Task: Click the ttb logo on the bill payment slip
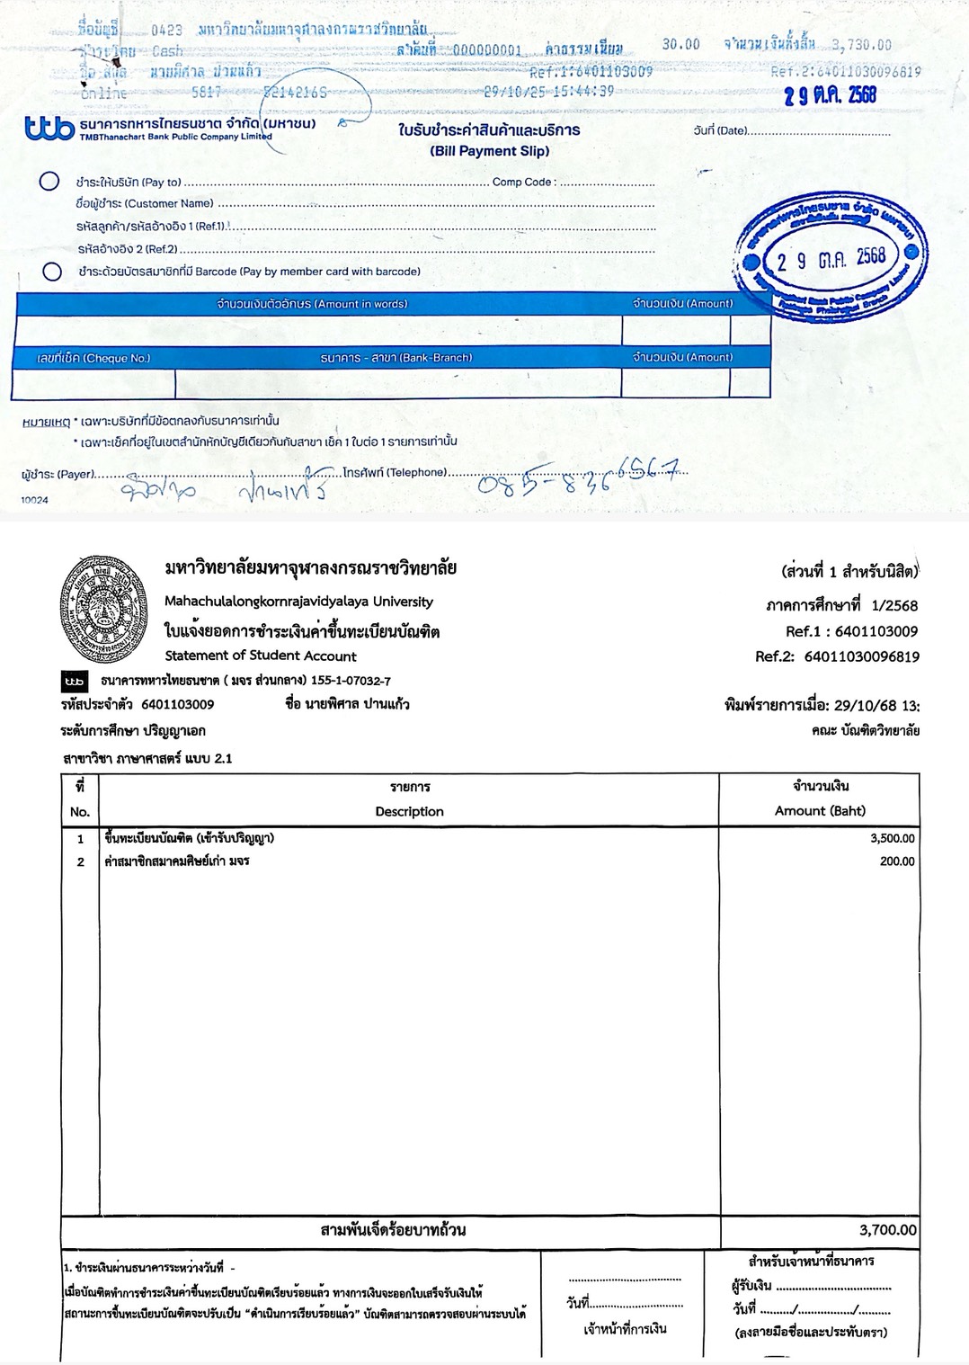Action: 50,129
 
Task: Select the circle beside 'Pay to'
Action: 49,182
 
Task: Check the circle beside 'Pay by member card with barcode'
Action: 52,272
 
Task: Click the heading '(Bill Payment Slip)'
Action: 489,151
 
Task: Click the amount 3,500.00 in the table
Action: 892,838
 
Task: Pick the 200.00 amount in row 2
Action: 897,861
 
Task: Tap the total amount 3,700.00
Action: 887,1229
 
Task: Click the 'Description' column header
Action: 409,811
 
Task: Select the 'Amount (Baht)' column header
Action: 820,810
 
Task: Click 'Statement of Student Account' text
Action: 261,656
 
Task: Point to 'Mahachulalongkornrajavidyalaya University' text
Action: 298,602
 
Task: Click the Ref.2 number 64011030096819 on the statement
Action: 861,656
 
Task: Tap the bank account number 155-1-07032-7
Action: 349,681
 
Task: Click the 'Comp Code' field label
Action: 523,182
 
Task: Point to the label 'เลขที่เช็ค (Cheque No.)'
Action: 93,358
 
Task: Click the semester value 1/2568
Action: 901,605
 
